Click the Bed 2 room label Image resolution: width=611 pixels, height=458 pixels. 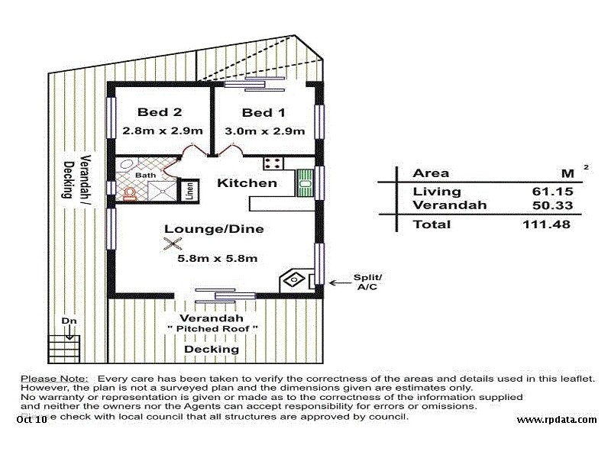160,113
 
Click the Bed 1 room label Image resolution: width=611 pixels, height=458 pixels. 262,113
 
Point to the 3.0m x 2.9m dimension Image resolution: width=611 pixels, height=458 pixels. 261,131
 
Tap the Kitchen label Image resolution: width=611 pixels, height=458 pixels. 247,183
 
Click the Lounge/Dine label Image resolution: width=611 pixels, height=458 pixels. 214,228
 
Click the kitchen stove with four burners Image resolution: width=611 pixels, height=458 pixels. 273,163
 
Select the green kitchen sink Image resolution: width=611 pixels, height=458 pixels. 305,182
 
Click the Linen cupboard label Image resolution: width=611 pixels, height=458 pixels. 189,190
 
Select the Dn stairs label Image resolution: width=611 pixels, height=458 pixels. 69,321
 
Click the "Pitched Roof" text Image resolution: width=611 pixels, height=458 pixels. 212,329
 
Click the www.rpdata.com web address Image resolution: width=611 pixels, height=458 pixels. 557,420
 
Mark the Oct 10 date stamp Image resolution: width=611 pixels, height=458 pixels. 31,419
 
